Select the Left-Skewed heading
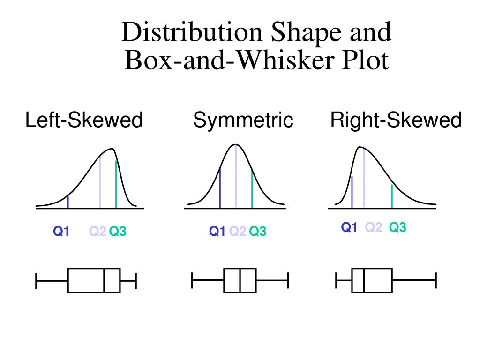(84, 120)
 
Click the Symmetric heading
(243, 120)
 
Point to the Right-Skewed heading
(396, 120)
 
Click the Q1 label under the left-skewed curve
(61, 231)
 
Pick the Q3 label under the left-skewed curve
(118, 231)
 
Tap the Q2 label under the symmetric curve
(238, 231)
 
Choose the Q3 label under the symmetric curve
(257, 231)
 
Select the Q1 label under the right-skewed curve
(349, 228)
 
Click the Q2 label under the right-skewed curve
(374, 228)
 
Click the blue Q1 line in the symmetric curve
(220, 188)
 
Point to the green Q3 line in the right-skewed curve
(392, 196)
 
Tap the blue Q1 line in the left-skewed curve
(68, 201)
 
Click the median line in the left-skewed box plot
(104, 280)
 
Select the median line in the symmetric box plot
(240, 280)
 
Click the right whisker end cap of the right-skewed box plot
(436, 280)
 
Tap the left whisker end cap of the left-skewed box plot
(36, 280)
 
